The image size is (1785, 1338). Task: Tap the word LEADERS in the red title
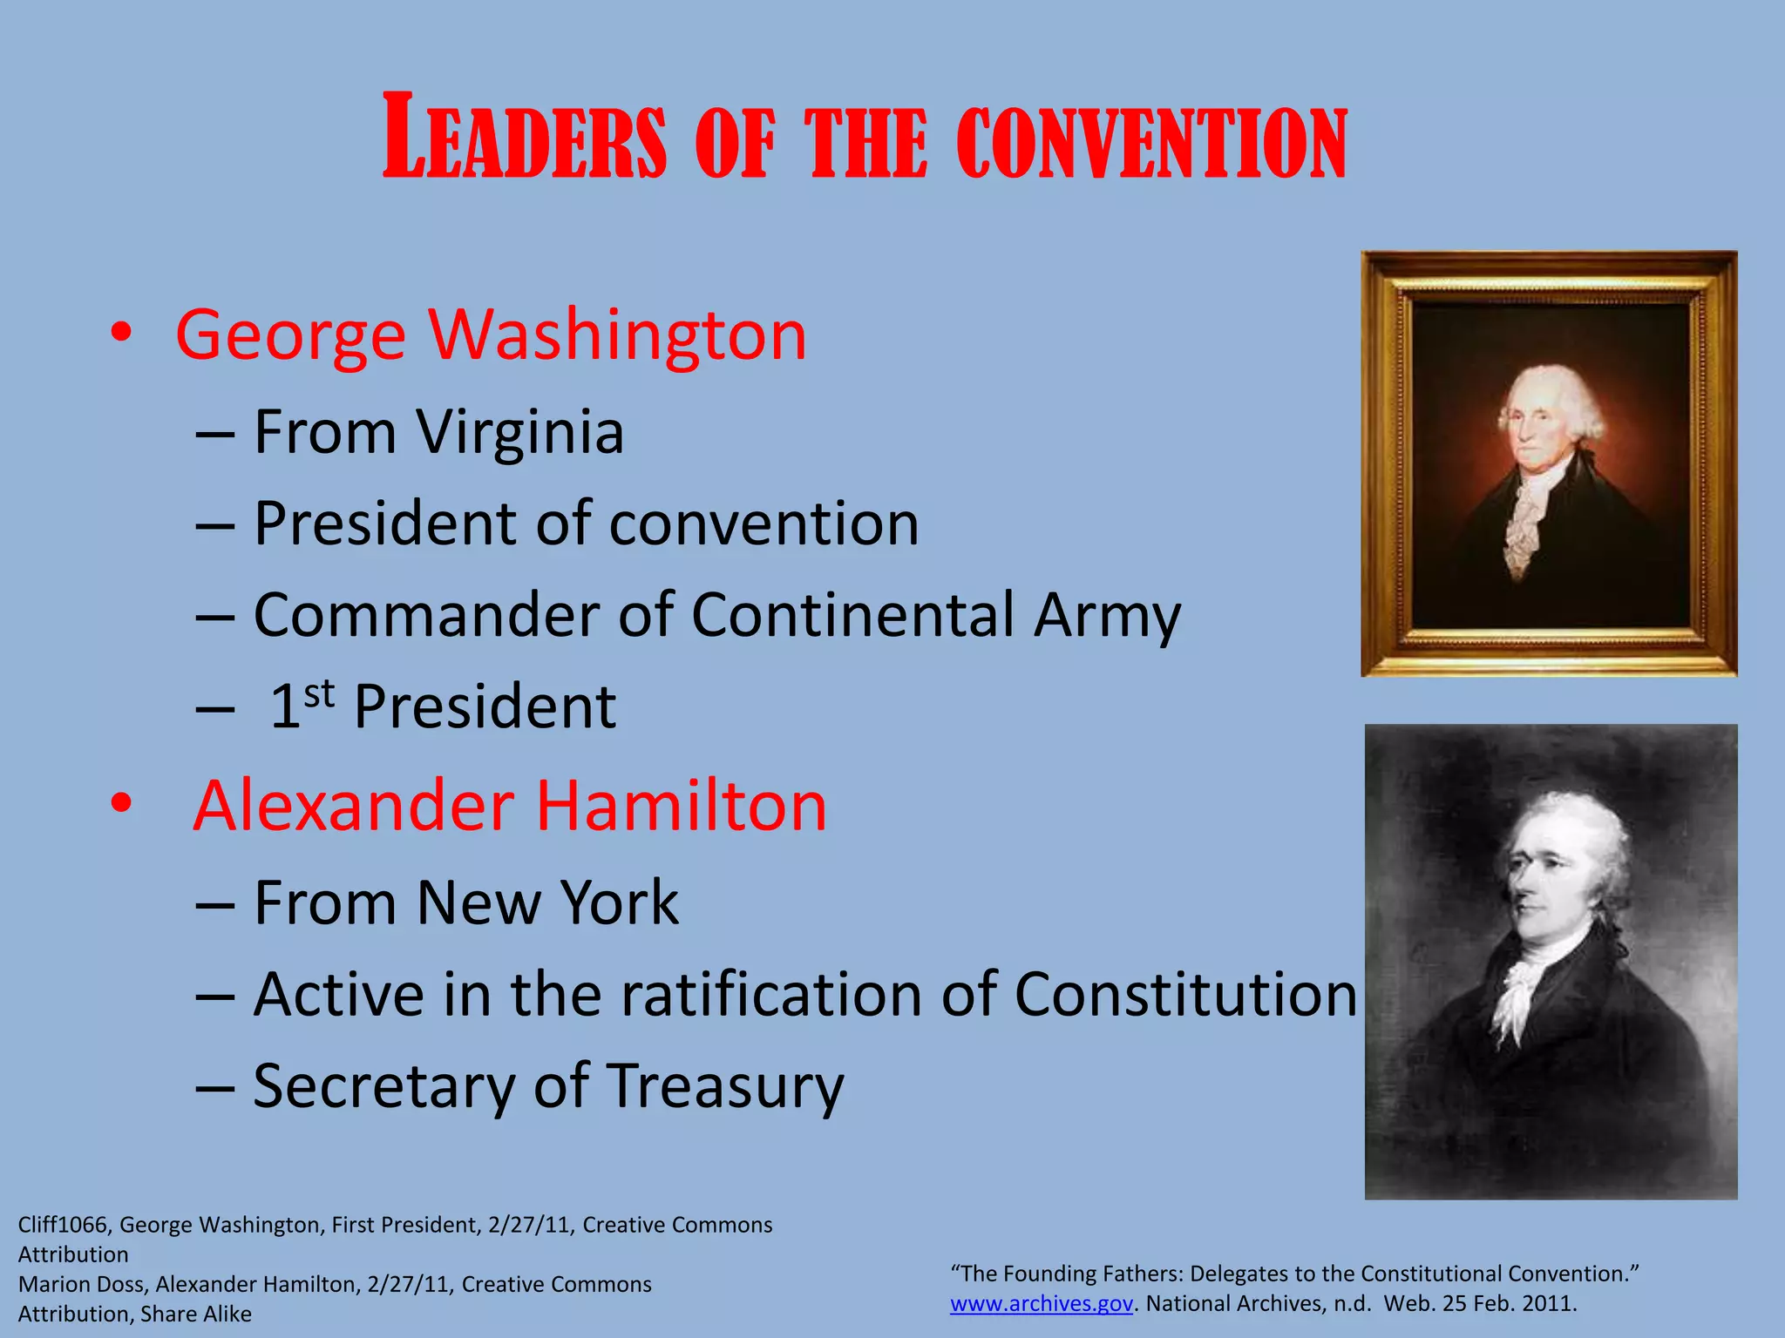pos(525,138)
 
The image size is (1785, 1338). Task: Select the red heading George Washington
pos(491,335)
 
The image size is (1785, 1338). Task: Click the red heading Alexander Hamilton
pos(510,806)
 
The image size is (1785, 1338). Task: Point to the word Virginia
pos(519,432)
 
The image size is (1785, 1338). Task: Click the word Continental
pos(852,615)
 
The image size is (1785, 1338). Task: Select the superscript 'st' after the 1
pos(319,693)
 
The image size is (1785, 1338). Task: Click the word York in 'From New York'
pos(619,902)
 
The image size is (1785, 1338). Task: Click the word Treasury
pos(724,1087)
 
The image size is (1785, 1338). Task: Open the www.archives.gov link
pos(1041,1303)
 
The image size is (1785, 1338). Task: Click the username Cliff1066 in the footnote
pos(63,1225)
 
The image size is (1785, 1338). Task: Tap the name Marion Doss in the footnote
pos(81,1284)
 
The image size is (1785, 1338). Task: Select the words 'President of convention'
pos(586,524)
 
